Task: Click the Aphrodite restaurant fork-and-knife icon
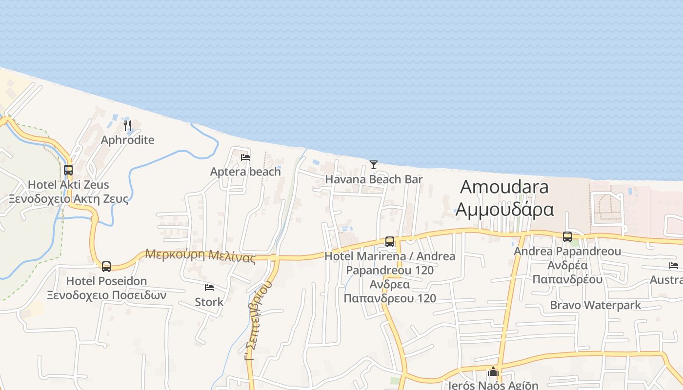[127, 126]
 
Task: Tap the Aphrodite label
[127, 140]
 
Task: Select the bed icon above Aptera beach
[245, 157]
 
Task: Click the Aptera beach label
[245, 172]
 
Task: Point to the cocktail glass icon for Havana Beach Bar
[374, 165]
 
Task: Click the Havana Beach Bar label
[374, 179]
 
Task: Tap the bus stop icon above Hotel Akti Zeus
[68, 170]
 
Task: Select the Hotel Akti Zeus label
[68, 185]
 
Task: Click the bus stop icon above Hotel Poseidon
[106, 267]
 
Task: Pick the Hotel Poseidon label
[106, 281]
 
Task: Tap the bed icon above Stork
[209, 288]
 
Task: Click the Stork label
[209, 302]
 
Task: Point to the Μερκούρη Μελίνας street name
[201, 255]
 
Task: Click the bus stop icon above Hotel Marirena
[390, 242]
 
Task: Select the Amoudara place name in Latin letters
[504, 187]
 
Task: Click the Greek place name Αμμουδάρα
[504, 210]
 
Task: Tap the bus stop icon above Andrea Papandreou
[567, 237]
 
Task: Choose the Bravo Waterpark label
[595, 306]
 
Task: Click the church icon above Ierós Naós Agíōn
[493, 372]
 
